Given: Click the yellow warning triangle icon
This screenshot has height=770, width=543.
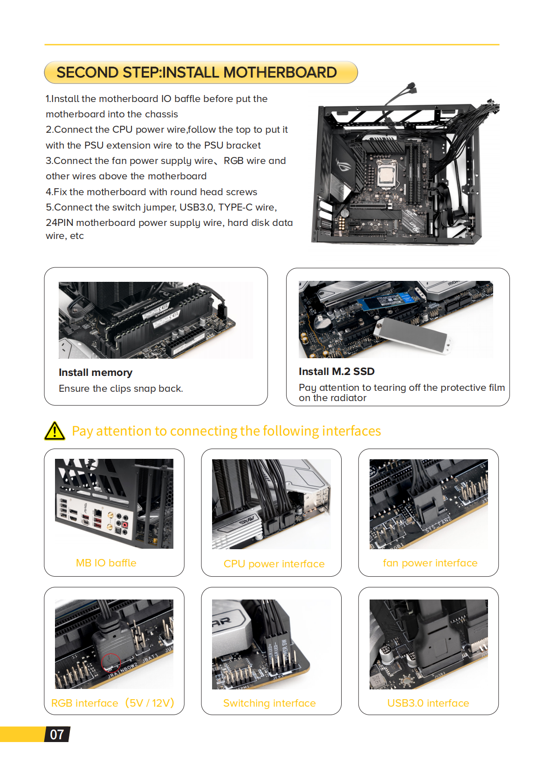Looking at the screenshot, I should click(x=55, y=431).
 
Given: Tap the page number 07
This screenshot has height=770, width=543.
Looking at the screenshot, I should click(x=57, y=735).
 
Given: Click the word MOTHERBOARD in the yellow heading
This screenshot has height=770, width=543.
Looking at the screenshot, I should click(x=280, y=73).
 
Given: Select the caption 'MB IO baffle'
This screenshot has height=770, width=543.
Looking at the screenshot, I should click(x=106, y=563).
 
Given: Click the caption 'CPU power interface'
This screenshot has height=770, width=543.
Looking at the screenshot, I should click(x=274, y=564).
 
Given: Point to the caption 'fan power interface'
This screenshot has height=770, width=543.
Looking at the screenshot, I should click(x=430, y=563).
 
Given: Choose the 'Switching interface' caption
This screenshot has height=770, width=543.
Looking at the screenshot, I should click(x=269, y=703).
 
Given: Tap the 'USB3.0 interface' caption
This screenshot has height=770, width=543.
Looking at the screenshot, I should click(x=428, y=703).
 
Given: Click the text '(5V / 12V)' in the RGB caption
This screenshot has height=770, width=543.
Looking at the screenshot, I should click(x=150, y=703).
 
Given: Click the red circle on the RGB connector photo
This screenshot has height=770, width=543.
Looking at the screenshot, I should click(x=111, y=662).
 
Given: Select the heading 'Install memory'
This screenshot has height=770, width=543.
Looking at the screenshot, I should click(x=96, y=373).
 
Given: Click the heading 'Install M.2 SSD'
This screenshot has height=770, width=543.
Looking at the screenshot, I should click(x=337, y=371).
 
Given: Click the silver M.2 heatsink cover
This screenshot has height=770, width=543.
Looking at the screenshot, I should click(x=413, y=335).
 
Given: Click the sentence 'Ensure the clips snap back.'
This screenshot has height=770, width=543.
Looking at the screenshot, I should click(x=121, y=388).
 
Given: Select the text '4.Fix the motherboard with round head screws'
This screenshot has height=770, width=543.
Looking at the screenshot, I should click(x=151, y=192).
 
